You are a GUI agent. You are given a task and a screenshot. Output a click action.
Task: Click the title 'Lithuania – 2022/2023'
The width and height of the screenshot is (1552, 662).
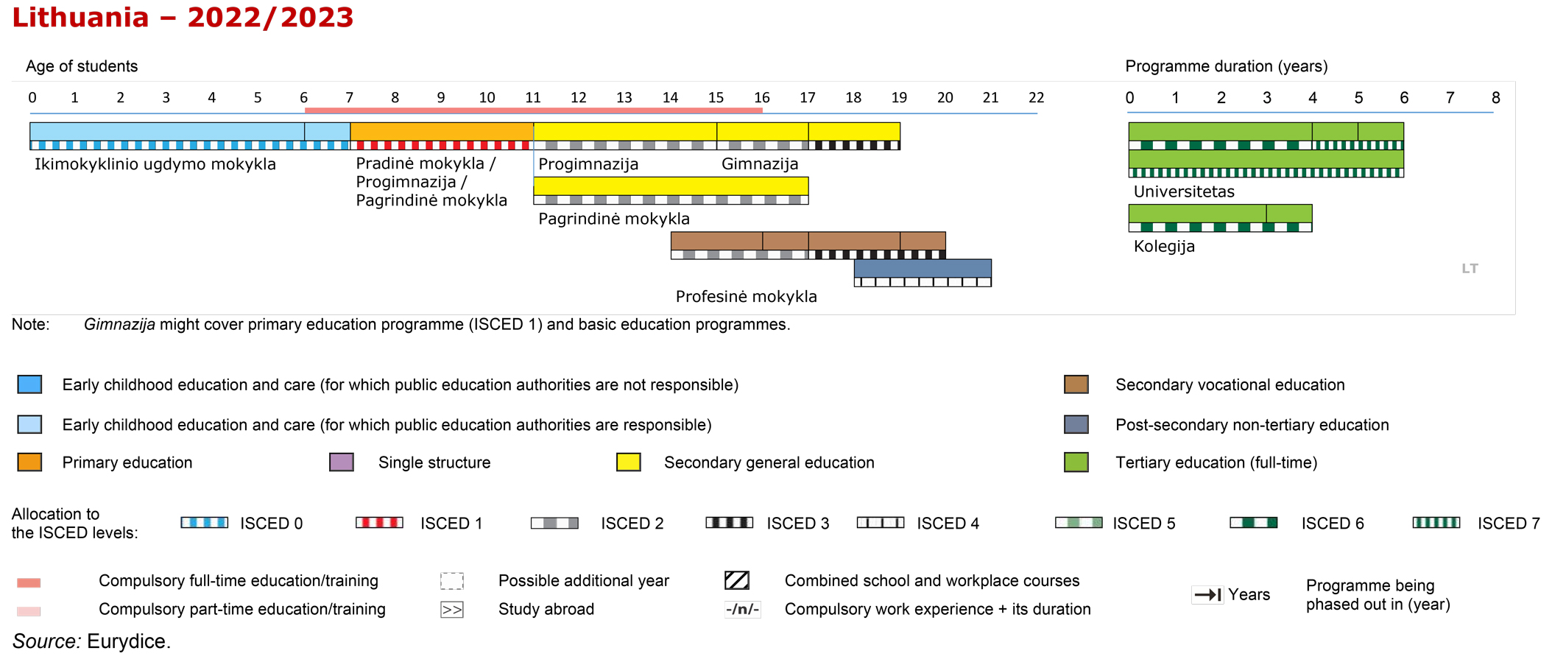pyautogui.click(x=183, y=18)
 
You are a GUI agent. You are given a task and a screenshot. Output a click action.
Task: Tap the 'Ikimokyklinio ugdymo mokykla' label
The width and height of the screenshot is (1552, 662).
pyautogui.click(x=155, y=164)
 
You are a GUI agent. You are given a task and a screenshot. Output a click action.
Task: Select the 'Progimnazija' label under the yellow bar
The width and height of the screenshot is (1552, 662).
pyautogui.click(x=588, y=164)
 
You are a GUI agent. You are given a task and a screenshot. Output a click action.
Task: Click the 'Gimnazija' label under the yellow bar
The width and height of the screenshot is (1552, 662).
pyautogui.click(x=760, y=164)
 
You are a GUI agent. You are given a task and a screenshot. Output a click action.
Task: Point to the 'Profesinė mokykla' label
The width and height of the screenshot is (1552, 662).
pyautogui.click(x=747, y=297)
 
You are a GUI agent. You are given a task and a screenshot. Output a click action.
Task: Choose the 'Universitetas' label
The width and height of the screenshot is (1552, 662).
pyautogui.click(x=1184, y=191)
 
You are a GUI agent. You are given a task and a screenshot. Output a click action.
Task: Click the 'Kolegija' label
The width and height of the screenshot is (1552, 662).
pyautogui.click(x=1164, y=246)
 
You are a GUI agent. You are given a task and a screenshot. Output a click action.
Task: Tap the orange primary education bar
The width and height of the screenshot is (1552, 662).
pyautogui.click(x=442, y=132)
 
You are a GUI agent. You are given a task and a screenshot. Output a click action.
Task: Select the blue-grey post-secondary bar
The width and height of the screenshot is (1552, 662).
pyautogui.click(x=923, y=268)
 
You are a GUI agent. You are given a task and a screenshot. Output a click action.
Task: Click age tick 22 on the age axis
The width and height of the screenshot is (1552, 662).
pyautogui.click(x=1036, y=97)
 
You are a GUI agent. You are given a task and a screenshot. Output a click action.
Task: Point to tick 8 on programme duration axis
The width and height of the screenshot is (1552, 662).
pyautogui.click(x=1495, y=97)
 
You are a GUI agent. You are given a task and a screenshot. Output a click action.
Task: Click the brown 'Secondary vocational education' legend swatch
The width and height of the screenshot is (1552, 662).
pyautogui.click(x=1076, y=384)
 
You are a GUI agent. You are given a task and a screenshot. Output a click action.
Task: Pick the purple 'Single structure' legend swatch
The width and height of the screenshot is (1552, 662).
pyautogui.click(x=342, y=462)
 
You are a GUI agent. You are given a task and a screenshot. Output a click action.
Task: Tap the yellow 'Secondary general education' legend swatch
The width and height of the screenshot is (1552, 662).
pyautogui.click(x=629, y=462)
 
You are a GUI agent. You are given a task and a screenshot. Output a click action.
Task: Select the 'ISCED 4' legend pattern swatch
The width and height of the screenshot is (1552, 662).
pyautogui.click(x=881, y=523)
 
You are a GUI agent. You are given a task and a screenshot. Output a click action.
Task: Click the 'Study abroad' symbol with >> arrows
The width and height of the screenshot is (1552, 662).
pyautogui.click(x=452, y=610)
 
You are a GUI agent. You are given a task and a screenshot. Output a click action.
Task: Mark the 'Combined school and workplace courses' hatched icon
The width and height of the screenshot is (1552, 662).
pyautogui.click(x=737, y=580)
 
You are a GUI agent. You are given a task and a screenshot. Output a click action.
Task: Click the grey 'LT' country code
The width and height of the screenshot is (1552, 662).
pyautogui.click(x=1470, y=269)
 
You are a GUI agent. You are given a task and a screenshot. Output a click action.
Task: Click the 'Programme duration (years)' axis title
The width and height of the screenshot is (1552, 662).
pyautogui.click(x=1227, y=66)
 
